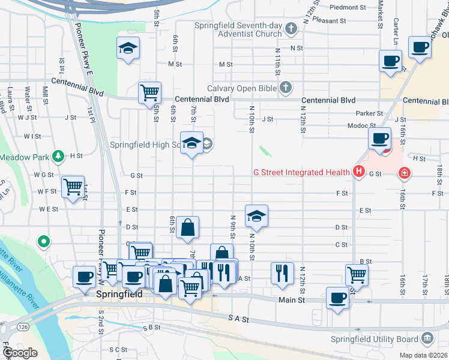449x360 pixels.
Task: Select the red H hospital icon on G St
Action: [359, 172]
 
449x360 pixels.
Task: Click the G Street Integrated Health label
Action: [301, 172]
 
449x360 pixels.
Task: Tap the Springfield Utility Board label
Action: [375, 339]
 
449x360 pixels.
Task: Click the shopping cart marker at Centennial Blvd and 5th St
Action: [149, 93]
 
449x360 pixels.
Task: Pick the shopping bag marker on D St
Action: [187, 227]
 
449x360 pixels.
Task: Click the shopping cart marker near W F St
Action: [73, 187]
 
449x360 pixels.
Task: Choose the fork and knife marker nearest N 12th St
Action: [282, 273]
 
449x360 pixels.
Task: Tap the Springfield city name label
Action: [119, 295]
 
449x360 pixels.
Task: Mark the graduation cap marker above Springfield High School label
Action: [191, 143]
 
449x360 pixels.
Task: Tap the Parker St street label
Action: [369, 113]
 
